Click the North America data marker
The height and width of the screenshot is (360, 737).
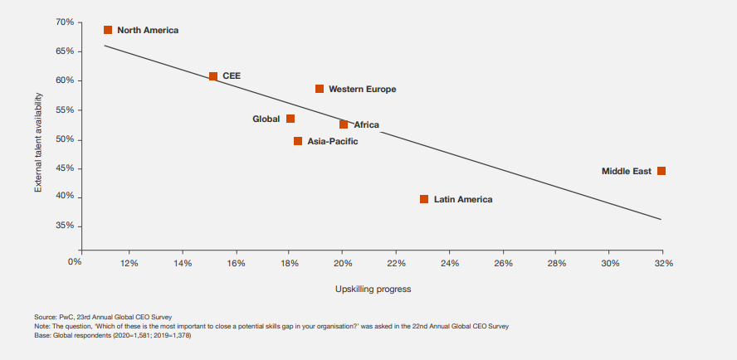pos(108,30)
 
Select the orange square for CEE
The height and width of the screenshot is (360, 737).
pos(213,76)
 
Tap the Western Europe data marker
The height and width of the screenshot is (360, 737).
pos(320,89)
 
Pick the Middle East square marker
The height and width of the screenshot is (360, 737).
pos(661,171)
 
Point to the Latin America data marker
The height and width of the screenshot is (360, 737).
pos(424,199)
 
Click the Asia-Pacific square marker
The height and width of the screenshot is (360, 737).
pos(298,141)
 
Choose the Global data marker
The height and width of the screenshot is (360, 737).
pos(290,119)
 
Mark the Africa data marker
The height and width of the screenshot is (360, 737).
pos(344,124)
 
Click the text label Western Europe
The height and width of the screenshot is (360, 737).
pos(362,89)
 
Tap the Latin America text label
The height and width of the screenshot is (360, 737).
pos(463,200)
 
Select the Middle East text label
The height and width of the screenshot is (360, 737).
pos(627,172)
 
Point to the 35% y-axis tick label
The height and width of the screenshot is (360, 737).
pos(66,226)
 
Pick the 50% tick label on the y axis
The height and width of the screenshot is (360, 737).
pos(66,139)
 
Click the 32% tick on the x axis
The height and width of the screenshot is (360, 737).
pos(663,263)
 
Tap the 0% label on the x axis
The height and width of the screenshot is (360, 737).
pos(76,263)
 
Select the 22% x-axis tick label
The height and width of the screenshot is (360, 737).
pos(396,263)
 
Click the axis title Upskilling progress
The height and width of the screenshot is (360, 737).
pos(373,289)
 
